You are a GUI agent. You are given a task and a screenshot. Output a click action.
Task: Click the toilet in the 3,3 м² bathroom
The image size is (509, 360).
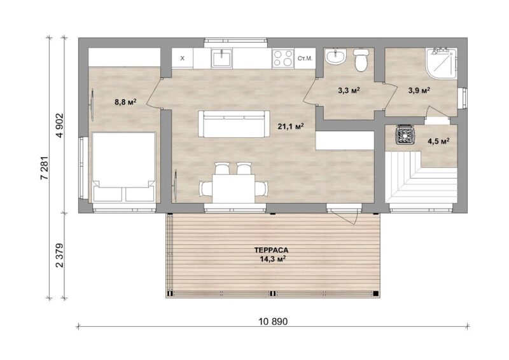click(361, 60)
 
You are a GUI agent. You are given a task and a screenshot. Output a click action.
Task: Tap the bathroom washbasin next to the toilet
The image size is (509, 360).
click(337, 57)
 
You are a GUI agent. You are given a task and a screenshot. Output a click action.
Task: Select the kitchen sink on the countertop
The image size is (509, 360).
click(221, 59)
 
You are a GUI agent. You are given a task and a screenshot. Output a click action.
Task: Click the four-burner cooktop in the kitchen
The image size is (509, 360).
click(282, 59)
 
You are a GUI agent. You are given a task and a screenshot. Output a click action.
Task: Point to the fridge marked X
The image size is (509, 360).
click(182, 59)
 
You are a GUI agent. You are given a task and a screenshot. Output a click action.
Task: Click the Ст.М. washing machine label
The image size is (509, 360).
click(305, 59)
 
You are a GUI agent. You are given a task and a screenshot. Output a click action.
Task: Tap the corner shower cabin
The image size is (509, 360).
click(442, 64)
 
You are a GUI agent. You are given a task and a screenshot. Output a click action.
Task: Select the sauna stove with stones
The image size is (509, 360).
click(404, 134)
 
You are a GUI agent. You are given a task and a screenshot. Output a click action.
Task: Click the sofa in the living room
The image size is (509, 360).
click(234, 123)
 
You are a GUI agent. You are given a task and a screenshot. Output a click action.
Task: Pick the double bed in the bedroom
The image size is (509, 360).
click(123, 167)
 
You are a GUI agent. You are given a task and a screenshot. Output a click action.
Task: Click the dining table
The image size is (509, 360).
click(234, 189)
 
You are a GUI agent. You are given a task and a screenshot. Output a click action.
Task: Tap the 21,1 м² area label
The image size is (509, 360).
click(291, 127)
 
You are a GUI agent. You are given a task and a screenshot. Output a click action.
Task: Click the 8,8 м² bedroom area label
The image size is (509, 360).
click(125, 102)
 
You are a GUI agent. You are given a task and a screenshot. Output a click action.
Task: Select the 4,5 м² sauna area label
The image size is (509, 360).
click(438, 141)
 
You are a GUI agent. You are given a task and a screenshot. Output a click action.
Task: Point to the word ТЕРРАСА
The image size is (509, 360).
click(272, 250)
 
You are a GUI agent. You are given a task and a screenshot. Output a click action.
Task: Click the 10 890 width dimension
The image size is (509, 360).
click(273, 322)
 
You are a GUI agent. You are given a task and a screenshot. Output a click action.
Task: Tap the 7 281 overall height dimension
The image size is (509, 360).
click(44, 168)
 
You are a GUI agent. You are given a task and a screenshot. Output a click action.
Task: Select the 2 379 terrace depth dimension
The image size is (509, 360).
click(60, 255)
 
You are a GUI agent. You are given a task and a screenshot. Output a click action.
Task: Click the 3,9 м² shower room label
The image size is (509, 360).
click(419, 90)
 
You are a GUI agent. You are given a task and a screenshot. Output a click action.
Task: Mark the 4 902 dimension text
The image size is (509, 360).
click(60, 126)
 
